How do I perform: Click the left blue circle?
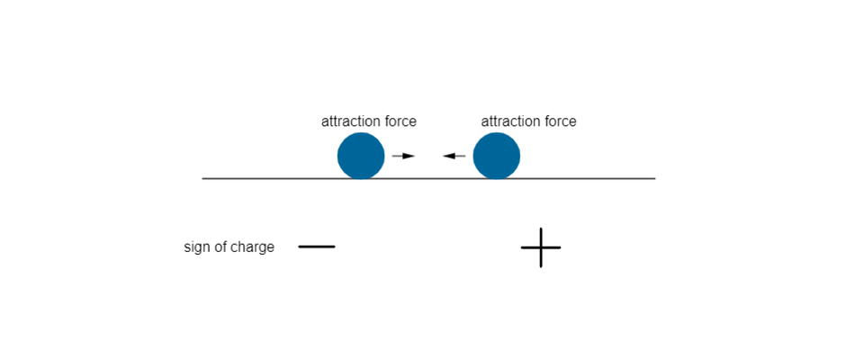pos(361,156)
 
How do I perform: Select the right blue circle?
pos(497,156)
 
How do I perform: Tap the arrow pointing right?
pos(403,157)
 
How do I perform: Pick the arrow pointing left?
pos(454,157)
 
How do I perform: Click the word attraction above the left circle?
pos(350,121)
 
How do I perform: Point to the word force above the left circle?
pos(400,121)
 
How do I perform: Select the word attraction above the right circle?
pos(510,121)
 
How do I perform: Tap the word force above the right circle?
pos(560,121)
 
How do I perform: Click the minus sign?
pos(317,247)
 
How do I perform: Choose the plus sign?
pos(541,247)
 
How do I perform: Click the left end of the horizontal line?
pos(203,179)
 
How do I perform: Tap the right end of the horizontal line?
pos(654,179)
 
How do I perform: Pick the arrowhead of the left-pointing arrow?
pos(447,157)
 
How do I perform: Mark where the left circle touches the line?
pos(361,178)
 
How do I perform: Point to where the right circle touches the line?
pos(497,178)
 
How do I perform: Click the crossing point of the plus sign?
pos(541,247)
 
